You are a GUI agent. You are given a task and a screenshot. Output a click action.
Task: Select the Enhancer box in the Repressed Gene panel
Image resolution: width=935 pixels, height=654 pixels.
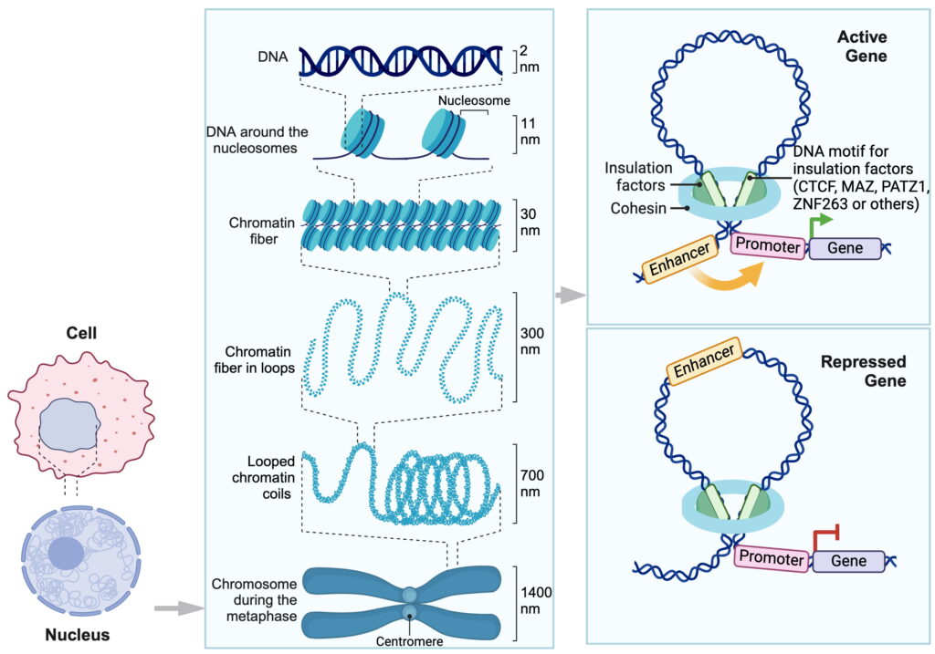pyautogui.click(x=704, y=361)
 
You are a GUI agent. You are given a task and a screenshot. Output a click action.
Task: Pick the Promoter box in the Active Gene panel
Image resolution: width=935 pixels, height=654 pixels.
pyautogui.click(x=767, y=245)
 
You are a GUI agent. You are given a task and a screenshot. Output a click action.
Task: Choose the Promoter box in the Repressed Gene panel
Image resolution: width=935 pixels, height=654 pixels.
pyautogui.click(x=772, y=558)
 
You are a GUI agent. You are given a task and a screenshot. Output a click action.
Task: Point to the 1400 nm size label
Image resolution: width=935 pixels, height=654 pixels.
pyautogui.click(x=535, y=600)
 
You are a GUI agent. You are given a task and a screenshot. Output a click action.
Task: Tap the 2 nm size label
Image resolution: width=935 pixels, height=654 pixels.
pyautogui.click(x=529, y=58)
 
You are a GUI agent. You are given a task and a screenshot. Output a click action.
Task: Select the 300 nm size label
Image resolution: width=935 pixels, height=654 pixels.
pyautogui.click(x=531, y=341)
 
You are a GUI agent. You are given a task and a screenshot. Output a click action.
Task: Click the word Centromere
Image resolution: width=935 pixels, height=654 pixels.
pyautogui.click(x=409, y=641)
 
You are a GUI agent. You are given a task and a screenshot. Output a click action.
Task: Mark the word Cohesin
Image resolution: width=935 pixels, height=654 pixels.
pyautogui.click(x=638, y=209)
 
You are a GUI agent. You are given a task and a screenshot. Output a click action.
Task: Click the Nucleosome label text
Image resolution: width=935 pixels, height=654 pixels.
pyautogui.click(x=474, y=100)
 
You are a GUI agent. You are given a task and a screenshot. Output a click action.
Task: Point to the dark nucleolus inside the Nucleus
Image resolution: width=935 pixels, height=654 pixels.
pyautogui.click(x=66, y=554)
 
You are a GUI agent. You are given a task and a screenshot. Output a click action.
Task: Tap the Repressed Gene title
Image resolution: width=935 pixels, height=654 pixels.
pyautogui.click(x=864, y=371)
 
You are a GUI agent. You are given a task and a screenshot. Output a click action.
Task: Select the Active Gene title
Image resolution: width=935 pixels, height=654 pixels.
pyautogui.click(x=862, y=47)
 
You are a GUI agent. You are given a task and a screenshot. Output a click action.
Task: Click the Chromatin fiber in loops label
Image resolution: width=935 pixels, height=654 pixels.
pyautogui.click(x=255, y=359)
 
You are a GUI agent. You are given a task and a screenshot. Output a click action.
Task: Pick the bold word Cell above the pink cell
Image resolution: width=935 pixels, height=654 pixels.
pyautogui.click(x=81, y=332)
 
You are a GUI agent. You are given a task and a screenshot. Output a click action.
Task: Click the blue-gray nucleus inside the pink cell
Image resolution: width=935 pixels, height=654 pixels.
pyautogui.click(x=69, y=425)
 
